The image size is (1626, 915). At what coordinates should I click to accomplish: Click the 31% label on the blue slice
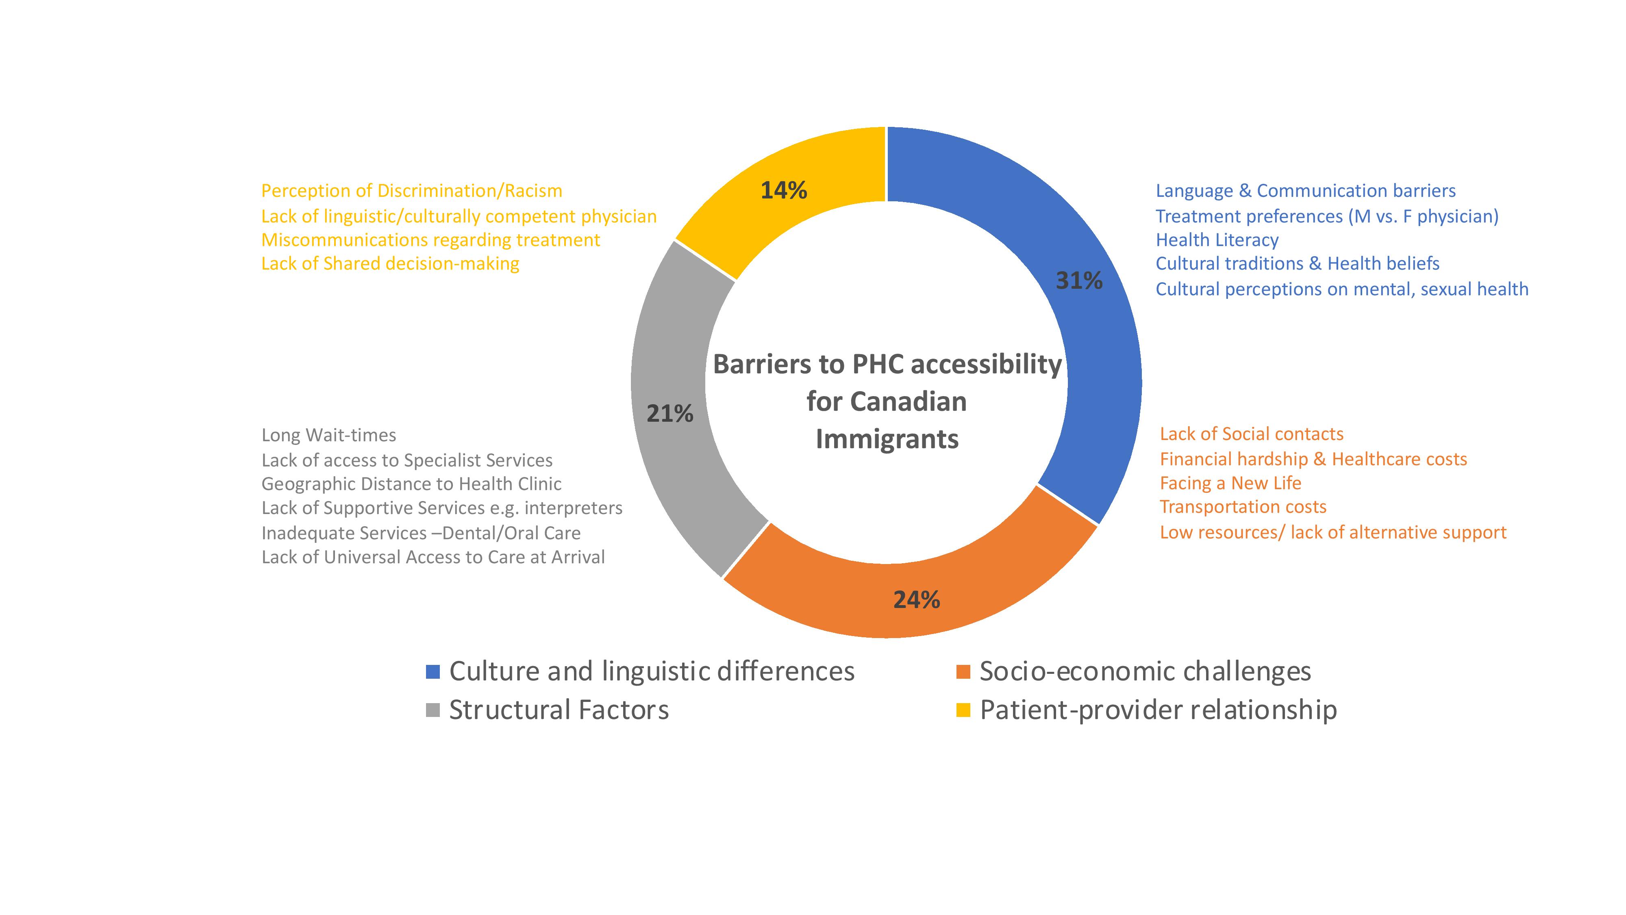tap(1079, 280)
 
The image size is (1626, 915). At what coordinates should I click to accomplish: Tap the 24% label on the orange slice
tap(917, 599)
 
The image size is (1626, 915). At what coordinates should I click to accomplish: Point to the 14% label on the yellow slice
tap(783, 190)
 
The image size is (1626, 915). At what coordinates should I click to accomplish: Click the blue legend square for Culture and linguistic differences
tap(433, 671)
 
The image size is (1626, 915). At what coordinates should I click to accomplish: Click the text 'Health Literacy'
tap(1217, 240)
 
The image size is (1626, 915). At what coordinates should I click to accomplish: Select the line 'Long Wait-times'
tap(329, 435)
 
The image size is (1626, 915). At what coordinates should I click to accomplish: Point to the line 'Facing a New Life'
tap(1230, 483)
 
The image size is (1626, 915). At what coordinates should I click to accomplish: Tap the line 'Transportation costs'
tap(1243, 507)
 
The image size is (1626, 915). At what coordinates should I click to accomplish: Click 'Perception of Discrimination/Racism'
tap(411, 191)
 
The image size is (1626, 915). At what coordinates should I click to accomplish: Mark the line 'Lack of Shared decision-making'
tap(390, 264)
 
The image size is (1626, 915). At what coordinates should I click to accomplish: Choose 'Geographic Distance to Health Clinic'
tap(411, 484)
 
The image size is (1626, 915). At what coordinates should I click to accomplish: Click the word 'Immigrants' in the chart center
tap(887, 439)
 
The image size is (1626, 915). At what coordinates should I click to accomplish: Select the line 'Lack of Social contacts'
tap(1252, 434)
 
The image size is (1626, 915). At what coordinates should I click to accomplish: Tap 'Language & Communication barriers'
tap(1305, 191)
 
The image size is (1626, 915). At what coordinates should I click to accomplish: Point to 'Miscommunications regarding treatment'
tap(430, 240)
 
